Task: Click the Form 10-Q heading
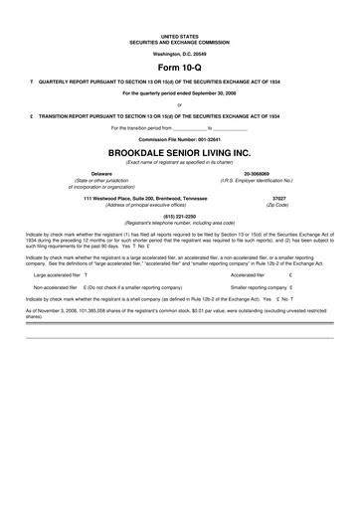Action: (x=180, y=65)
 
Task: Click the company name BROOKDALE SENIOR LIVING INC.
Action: (x=180, y=154)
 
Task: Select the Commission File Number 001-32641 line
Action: (x=180, y=140)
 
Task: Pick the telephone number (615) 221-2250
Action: (x=180, y=215)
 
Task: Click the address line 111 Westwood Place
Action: (x=144, y=198)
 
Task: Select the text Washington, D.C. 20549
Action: (x=180, y=52)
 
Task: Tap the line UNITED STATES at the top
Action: (x=180, y=34)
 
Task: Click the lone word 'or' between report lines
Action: (x=180, y=103)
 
